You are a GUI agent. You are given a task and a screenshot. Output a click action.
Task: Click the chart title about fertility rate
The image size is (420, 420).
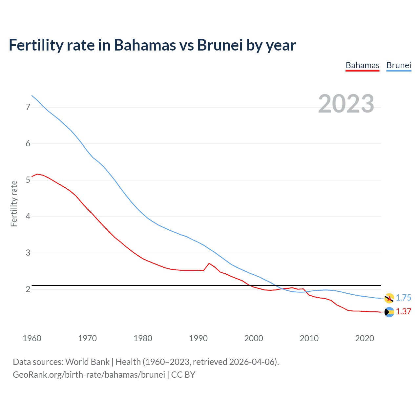[x=152, y=45]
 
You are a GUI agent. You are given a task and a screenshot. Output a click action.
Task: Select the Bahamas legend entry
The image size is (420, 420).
[x=362, y=65]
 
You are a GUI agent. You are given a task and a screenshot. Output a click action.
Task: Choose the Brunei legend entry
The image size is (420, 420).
[x=399, y=65]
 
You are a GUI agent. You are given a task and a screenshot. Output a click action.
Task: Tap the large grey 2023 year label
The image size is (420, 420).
[x=346, y=104]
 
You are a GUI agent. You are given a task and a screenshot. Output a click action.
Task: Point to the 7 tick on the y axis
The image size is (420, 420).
[x=28, y=107]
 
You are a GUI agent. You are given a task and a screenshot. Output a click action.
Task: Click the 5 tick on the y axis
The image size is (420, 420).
[x=28, y=180]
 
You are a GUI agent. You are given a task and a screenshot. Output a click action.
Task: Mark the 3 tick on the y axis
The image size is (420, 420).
[x=28, y=253]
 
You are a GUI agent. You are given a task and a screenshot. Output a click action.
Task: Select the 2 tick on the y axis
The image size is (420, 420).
[x=28, y=289]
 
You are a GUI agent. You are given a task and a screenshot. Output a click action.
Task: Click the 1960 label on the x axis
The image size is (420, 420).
[x=32, y=338]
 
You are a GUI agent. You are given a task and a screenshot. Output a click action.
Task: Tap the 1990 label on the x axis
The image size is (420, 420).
[x=198, y=338]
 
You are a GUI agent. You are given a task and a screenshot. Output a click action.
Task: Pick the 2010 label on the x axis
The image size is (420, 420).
[x=309, y=338]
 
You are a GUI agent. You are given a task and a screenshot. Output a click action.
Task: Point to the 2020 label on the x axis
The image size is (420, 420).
[x=365, y=338]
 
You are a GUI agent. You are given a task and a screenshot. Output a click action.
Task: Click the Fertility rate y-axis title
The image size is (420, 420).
[x=14, y=203]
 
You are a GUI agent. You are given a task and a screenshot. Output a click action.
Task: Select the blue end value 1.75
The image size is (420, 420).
[x=403, y=298]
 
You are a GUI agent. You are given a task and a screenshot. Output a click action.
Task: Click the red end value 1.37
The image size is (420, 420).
[x=403, y=311]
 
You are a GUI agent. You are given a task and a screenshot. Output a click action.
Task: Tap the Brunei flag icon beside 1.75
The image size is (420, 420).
[x=389, y=298]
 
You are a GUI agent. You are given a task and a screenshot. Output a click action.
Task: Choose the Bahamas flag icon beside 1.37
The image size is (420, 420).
[x=389, y=312]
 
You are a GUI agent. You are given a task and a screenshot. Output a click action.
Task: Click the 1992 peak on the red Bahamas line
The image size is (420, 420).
[x=209, y=263]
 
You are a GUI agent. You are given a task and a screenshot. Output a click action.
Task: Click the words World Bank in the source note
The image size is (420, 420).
[x=87, y=362]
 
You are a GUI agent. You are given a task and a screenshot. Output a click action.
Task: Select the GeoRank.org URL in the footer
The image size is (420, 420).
[x=89, y=375]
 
